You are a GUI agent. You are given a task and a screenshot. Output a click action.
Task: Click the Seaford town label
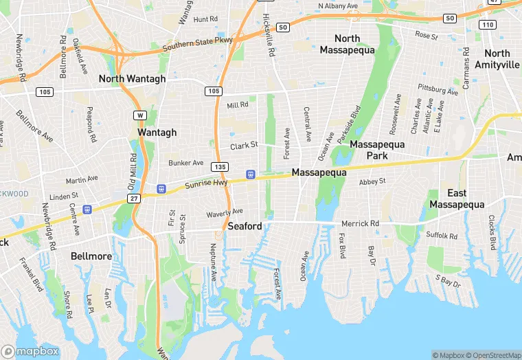245,226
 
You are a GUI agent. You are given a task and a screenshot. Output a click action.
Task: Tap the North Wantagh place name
133,78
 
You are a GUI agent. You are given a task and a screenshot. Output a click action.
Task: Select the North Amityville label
497,58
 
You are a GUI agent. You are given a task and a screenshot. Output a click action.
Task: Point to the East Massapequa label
457,199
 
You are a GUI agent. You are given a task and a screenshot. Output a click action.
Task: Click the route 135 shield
220,167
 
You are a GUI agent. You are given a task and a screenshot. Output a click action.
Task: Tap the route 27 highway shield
134,198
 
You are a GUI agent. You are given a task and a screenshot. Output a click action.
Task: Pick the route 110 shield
487,25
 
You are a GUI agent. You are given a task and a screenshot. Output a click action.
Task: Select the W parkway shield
140,115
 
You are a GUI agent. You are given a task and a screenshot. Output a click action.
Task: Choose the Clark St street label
244,146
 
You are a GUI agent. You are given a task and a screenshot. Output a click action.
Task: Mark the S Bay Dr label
447,280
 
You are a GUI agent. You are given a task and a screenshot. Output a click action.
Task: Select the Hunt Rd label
205,19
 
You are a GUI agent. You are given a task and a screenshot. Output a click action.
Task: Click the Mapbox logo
30,350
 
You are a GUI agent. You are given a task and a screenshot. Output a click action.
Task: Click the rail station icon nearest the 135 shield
251,174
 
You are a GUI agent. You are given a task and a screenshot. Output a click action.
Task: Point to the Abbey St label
373,181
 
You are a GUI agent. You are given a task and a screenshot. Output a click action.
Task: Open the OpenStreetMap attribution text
492,355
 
